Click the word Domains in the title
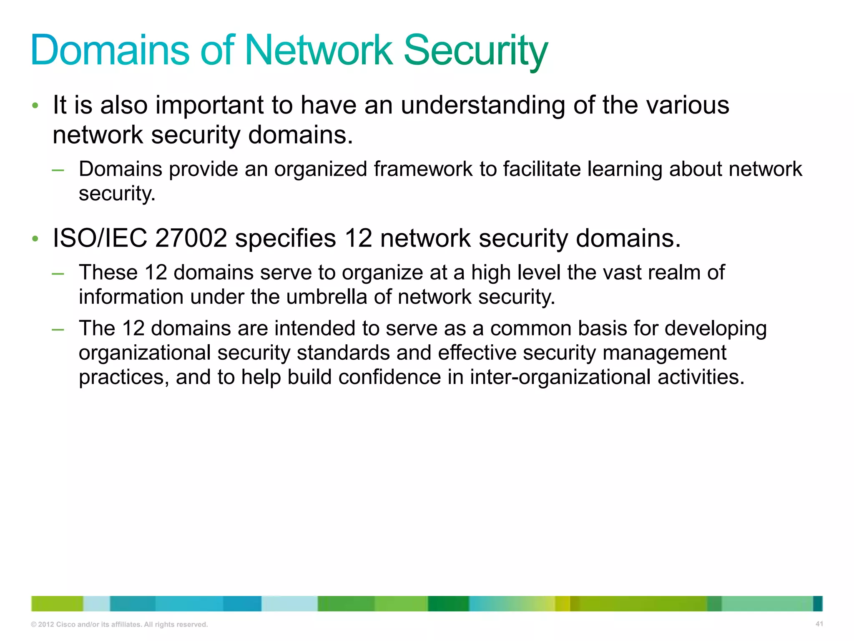click(x=111, y=50)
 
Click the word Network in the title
click(x=319, y=50)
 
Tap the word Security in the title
click(x=475, y=51)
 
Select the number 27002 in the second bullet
click(x=191, y=238)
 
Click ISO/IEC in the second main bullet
click(x=100, y=238)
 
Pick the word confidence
click(x=389, y=377)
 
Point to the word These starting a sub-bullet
click(x=108, y=273)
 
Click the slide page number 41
click(x=819, y=624)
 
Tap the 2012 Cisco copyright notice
click(x=119, y=624)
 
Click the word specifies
click(x=285, y=238)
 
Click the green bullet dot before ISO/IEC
click(x=35, y=239)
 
